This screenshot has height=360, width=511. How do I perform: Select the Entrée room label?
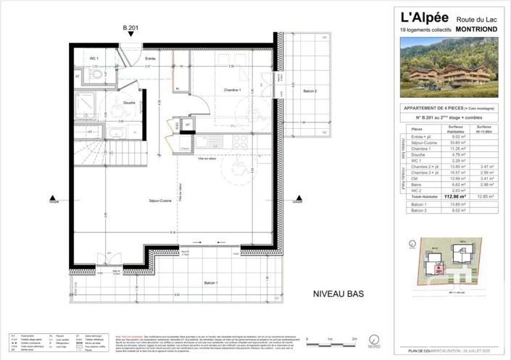pos(150,58)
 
